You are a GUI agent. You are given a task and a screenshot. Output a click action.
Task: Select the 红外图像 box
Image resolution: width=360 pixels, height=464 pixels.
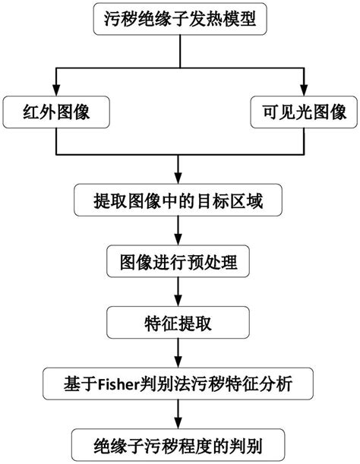point(53,112)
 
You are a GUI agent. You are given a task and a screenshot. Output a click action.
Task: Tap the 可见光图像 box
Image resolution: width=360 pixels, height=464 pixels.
point(304,112)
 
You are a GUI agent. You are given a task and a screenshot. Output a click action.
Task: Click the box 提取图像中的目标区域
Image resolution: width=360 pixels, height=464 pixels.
point(179,201)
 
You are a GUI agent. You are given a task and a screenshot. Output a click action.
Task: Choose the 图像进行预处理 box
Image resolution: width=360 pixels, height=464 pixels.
point(179,262)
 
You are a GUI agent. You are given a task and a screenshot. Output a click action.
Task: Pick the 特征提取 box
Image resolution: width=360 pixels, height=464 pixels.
point(179,323)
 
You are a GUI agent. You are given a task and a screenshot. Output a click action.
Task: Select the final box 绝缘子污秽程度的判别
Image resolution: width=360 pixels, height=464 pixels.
point(179,444)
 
